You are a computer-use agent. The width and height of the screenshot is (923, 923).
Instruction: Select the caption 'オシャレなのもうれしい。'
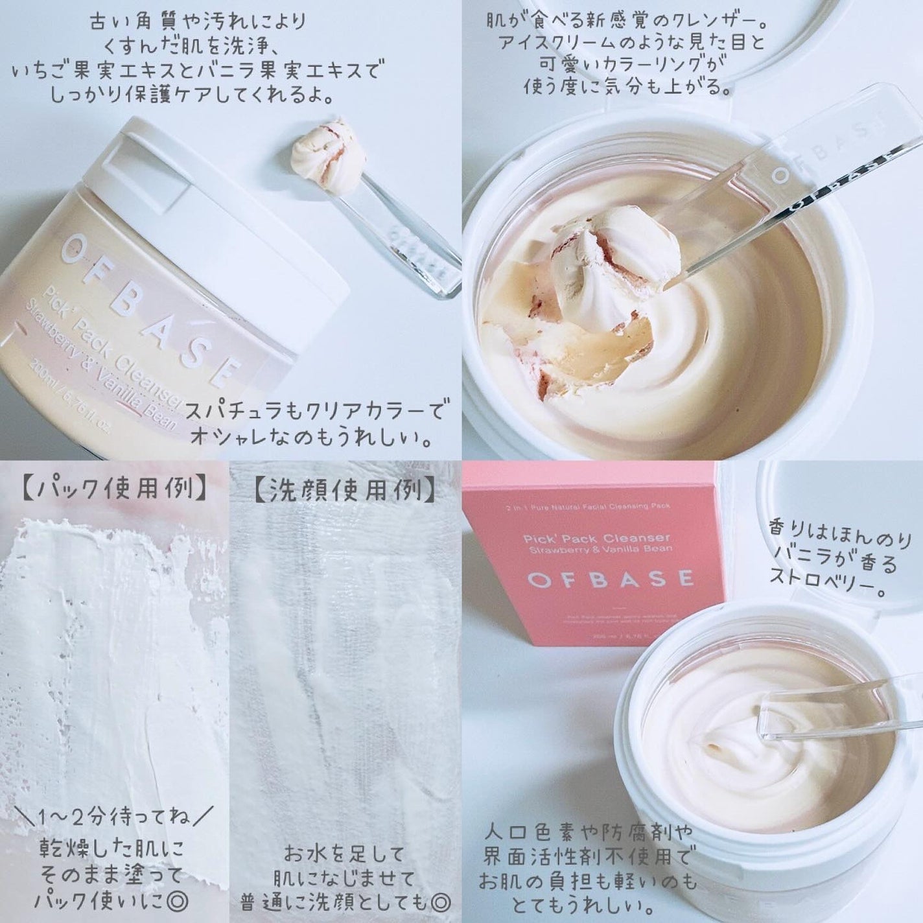(x=311, y=441)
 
